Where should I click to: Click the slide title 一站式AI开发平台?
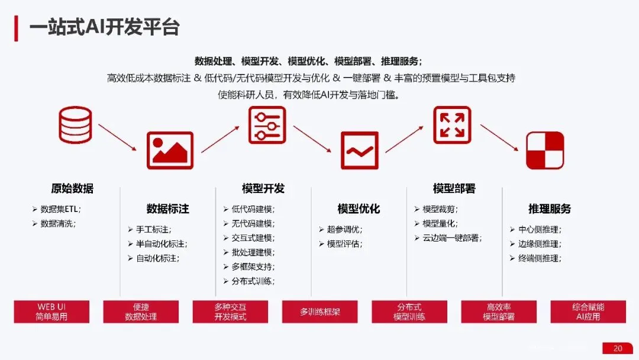(x=105, y=27)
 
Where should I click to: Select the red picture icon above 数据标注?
(x=170, y=150)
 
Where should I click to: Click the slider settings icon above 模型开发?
(x=267, y=125)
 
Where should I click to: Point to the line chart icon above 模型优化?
(x=359, y=150)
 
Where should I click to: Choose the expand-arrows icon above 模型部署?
(x=452, y=125)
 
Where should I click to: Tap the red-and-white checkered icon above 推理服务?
(x=545, y=150)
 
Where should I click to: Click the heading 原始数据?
(x=72, y=189)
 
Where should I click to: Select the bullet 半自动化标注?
(x=161, y=244)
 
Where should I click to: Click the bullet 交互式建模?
(x=253, y=238)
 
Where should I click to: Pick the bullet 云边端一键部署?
(x=452, y=238)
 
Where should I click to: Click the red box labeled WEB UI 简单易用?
(x=52, y=311)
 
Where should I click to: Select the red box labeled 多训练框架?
(x=320, y=311)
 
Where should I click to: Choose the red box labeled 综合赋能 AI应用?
(x=588, y=311)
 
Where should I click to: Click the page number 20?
(x=618, y=348)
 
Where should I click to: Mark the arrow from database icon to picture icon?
(x=121, y=138)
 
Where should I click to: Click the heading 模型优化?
(x=359, y=209)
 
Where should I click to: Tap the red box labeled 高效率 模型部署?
(x=499, y=311)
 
